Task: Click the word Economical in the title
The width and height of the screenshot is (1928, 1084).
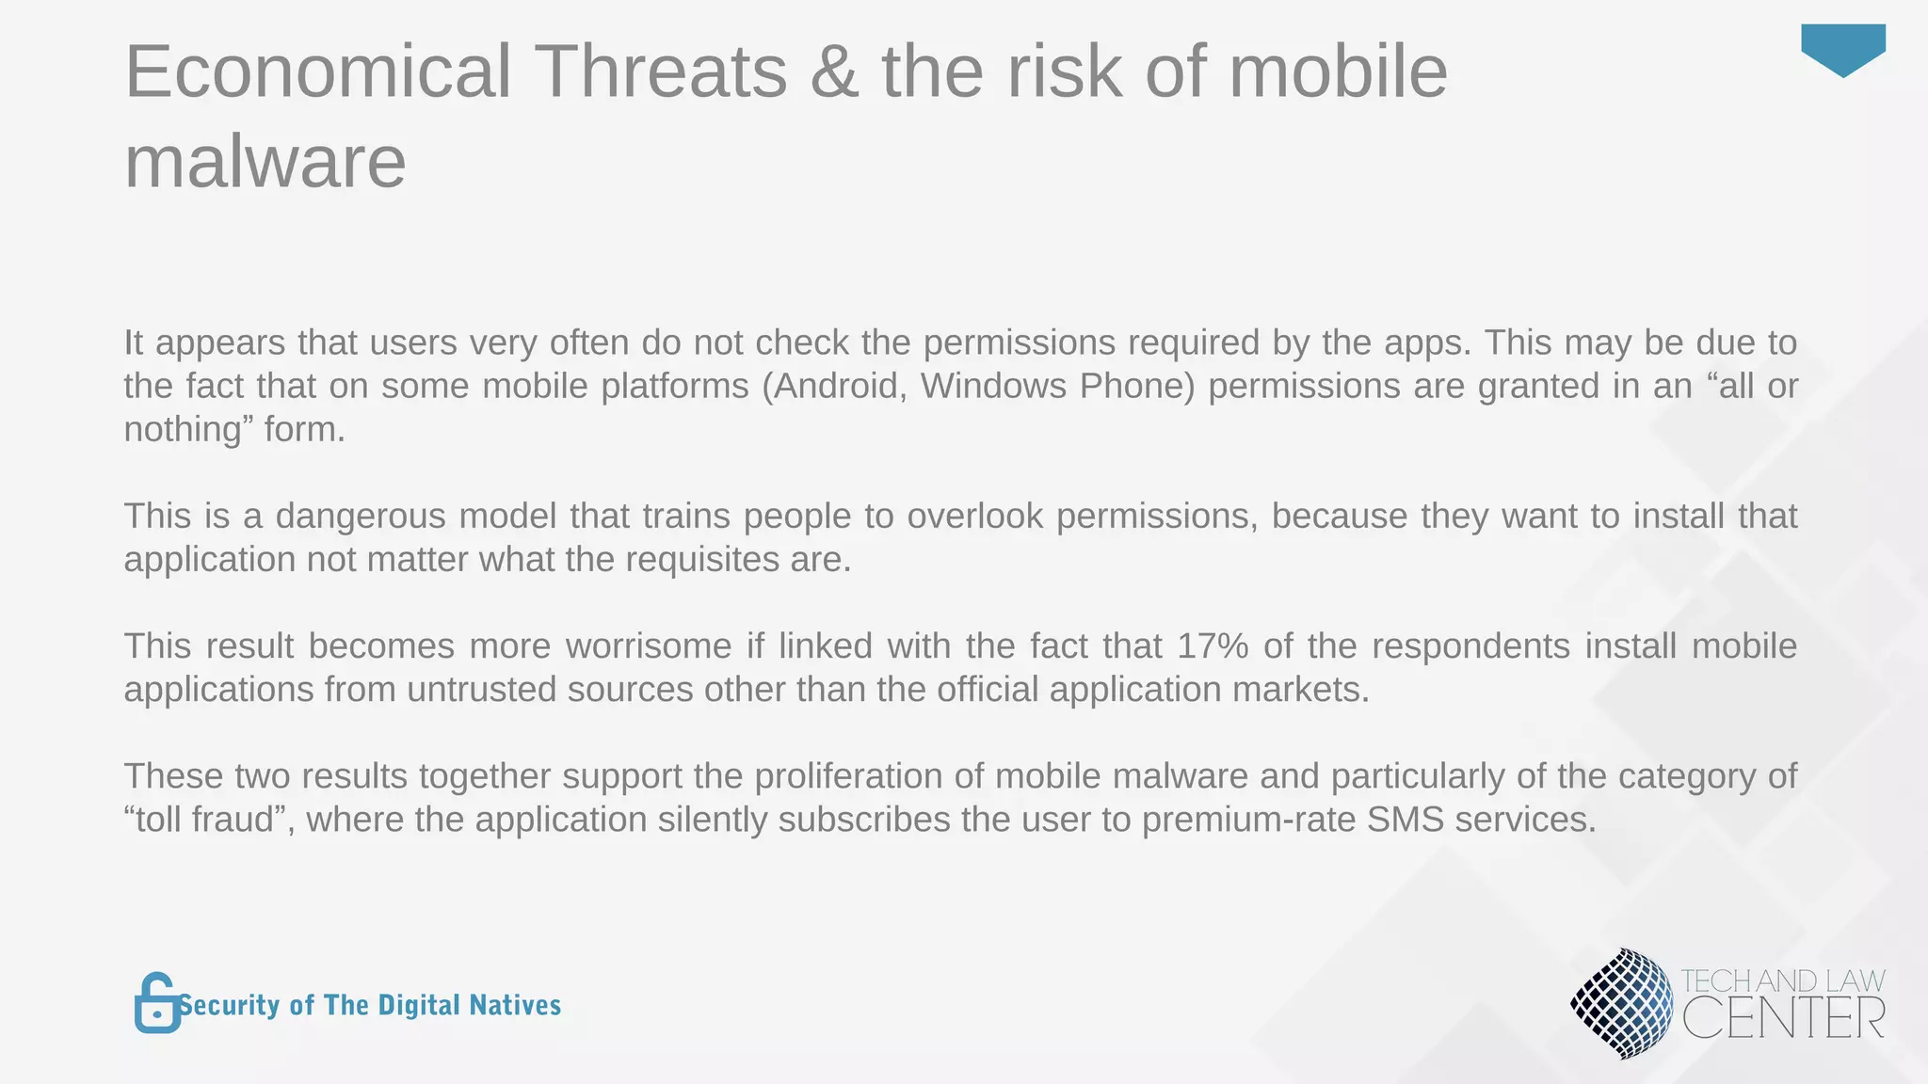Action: coord(318,72)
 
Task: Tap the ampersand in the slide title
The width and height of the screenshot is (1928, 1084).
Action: coord(833,72)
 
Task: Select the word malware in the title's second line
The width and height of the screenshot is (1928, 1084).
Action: coord(265,162)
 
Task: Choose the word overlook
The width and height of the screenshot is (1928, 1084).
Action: coord(974,517)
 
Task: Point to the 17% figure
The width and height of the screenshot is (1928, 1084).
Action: coord(1213,646)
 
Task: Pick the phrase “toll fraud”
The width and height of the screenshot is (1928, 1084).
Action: coord(210,820)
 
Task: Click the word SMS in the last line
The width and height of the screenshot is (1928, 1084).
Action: coord(1405,820)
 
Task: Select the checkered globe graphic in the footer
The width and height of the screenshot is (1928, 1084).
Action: coord(1621,1003)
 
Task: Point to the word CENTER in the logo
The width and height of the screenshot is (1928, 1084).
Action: coord(1783,1019)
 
